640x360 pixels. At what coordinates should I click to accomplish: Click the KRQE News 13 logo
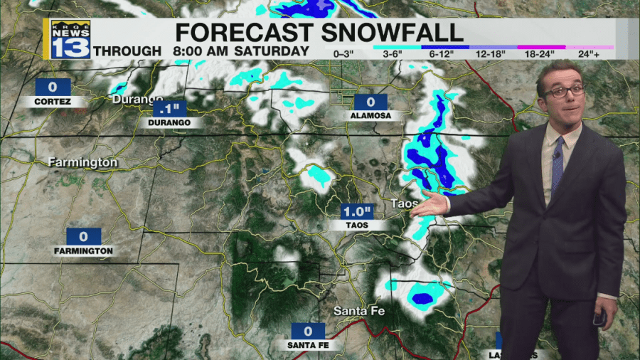[70, 40]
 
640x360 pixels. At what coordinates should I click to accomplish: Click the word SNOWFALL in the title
[393, 32]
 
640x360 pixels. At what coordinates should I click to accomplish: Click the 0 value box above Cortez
[53, 87]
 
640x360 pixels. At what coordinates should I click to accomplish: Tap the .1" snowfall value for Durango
[169, 109]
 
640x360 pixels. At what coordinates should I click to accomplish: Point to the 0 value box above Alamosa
[370, 102]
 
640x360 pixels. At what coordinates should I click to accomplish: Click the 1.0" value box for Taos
[358, 211]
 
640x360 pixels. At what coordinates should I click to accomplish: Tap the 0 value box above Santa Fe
[308, 331]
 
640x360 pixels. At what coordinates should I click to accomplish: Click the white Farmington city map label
[82, 163]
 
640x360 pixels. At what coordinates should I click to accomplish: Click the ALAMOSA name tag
[370, 115]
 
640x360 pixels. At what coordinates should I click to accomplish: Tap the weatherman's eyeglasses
[565, 91]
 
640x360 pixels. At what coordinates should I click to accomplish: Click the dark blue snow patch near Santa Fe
[422, 298]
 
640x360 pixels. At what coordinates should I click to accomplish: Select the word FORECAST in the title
[244, 32]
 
